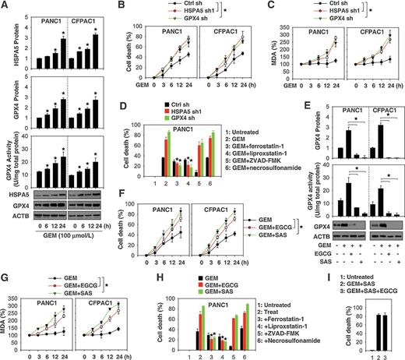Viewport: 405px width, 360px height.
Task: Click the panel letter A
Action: point(5,5)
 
